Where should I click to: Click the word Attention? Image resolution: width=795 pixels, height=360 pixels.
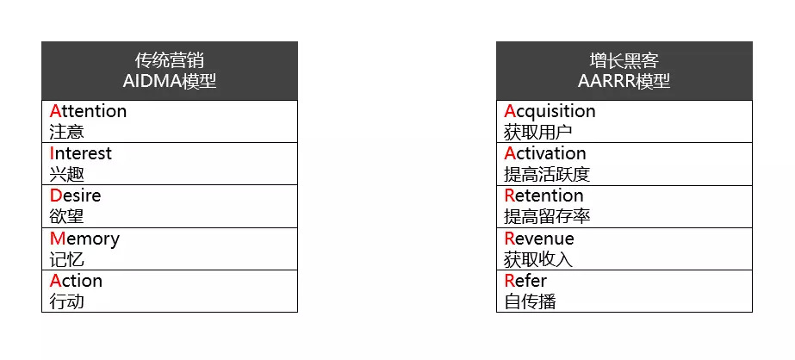(x=89, y=111)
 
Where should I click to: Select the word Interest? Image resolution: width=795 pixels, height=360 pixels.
(x=81, y=153)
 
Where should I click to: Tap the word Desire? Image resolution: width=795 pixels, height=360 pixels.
(x=76, y=196)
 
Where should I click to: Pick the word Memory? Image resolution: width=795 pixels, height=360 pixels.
(x=84, y=239)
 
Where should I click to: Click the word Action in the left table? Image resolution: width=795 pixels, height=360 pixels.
(x=76, y=281)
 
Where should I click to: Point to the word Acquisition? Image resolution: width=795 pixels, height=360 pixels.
(x=550, y=111)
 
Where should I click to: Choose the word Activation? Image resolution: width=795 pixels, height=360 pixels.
(x=545, y=153)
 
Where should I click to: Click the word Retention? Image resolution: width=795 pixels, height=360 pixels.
(x=543, y=196)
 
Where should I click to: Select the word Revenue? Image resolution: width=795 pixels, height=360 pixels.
(x=539, y=239)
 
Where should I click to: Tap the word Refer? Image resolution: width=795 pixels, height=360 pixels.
(x=525, y=281)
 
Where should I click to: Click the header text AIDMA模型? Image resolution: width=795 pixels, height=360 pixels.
(x=170, y=82)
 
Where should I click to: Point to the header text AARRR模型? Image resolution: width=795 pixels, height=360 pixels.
(x=624, y=82)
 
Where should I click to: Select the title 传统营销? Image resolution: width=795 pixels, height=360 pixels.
(x=170, y=60)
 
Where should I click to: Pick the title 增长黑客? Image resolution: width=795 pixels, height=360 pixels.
(x=624, y=60)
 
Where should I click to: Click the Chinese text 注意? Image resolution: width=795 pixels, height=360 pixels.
(x=67, y=132)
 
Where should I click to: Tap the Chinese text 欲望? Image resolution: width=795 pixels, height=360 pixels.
(x=67, y=216)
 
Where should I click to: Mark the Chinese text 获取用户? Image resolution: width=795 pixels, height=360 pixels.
(x=538, y=132)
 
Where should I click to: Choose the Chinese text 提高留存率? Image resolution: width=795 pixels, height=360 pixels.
(x=547, y=216)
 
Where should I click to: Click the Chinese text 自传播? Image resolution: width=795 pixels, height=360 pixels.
(x=530, y=301)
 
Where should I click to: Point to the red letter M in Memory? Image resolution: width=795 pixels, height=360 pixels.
(x=58, y=239)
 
